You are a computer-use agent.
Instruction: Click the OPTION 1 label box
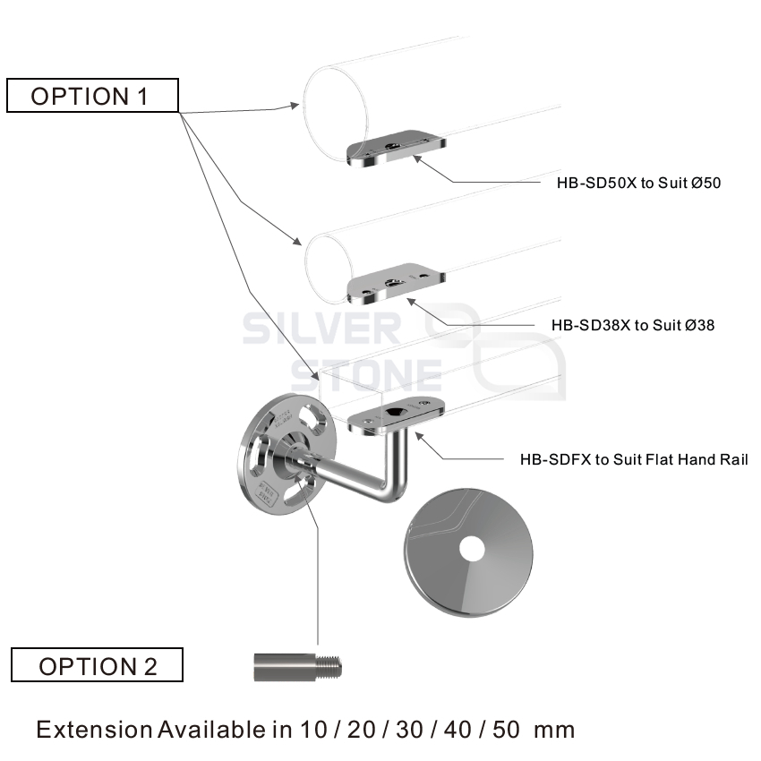point(92,96)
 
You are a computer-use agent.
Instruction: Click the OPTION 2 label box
point(97,665)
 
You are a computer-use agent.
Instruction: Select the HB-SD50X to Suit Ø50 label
point(638,184)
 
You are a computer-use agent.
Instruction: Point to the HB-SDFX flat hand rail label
point(633,459)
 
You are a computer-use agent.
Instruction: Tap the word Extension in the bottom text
point(94,729)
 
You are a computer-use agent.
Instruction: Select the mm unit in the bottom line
point(554,729)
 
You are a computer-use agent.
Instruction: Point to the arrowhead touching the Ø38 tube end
point(295,242)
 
